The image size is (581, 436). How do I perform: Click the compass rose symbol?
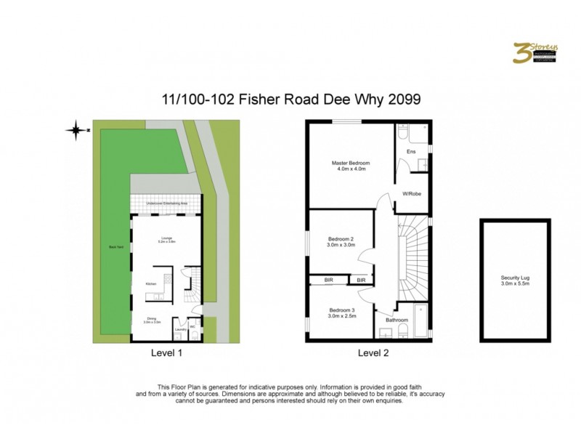(75, 131)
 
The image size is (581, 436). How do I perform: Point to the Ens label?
(411, 152)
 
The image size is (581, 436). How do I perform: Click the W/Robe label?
(413, 194)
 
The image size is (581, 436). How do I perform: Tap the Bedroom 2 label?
(341, 241)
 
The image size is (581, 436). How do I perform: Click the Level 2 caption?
(373, 354)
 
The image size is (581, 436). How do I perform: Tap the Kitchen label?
(151, 283)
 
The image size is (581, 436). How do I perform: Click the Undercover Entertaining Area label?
(167, 204)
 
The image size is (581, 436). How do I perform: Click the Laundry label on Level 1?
(180, 329)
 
